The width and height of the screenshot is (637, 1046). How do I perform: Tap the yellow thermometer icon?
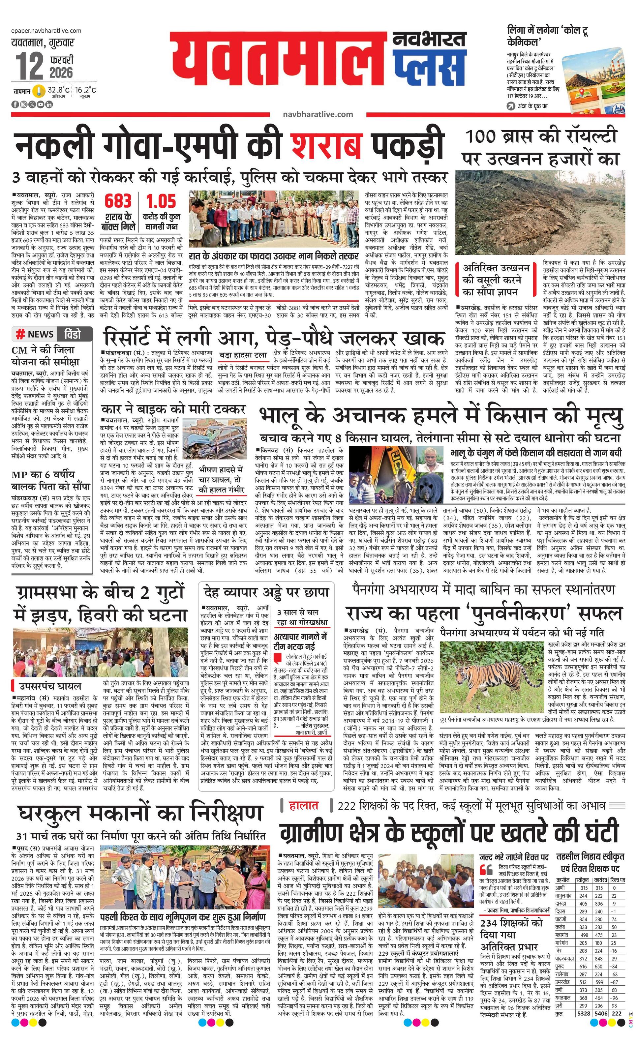[39, 91]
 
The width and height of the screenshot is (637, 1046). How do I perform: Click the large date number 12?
[30, 66]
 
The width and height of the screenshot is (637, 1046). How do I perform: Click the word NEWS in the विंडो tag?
[40, 334]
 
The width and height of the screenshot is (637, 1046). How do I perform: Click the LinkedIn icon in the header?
[49, 105]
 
